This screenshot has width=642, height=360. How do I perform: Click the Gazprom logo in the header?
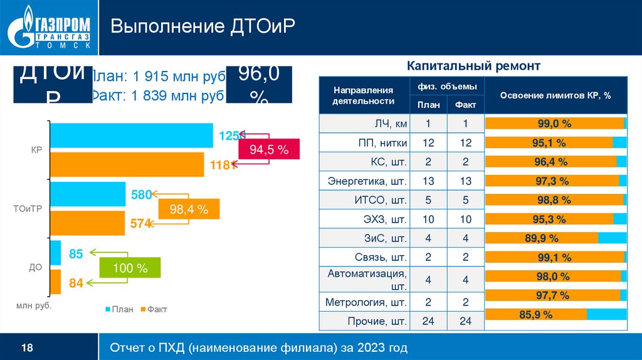[48, 28]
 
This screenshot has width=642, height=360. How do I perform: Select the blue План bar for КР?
[131, 135]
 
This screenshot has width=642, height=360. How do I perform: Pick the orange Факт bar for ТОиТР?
[88, 223]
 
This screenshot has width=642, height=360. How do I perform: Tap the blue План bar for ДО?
[55, 253]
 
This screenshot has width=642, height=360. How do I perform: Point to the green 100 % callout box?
[130, 268]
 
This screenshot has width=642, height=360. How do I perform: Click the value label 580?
[140, 195]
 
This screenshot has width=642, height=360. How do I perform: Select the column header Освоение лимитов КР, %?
[555, 95]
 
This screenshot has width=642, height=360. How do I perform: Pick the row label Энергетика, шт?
[367, 182]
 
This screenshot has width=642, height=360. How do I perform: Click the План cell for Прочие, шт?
[428, 321]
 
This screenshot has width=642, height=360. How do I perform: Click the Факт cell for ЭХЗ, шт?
[465, 220]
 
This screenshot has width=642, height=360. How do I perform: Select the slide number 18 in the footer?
[28, 347]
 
